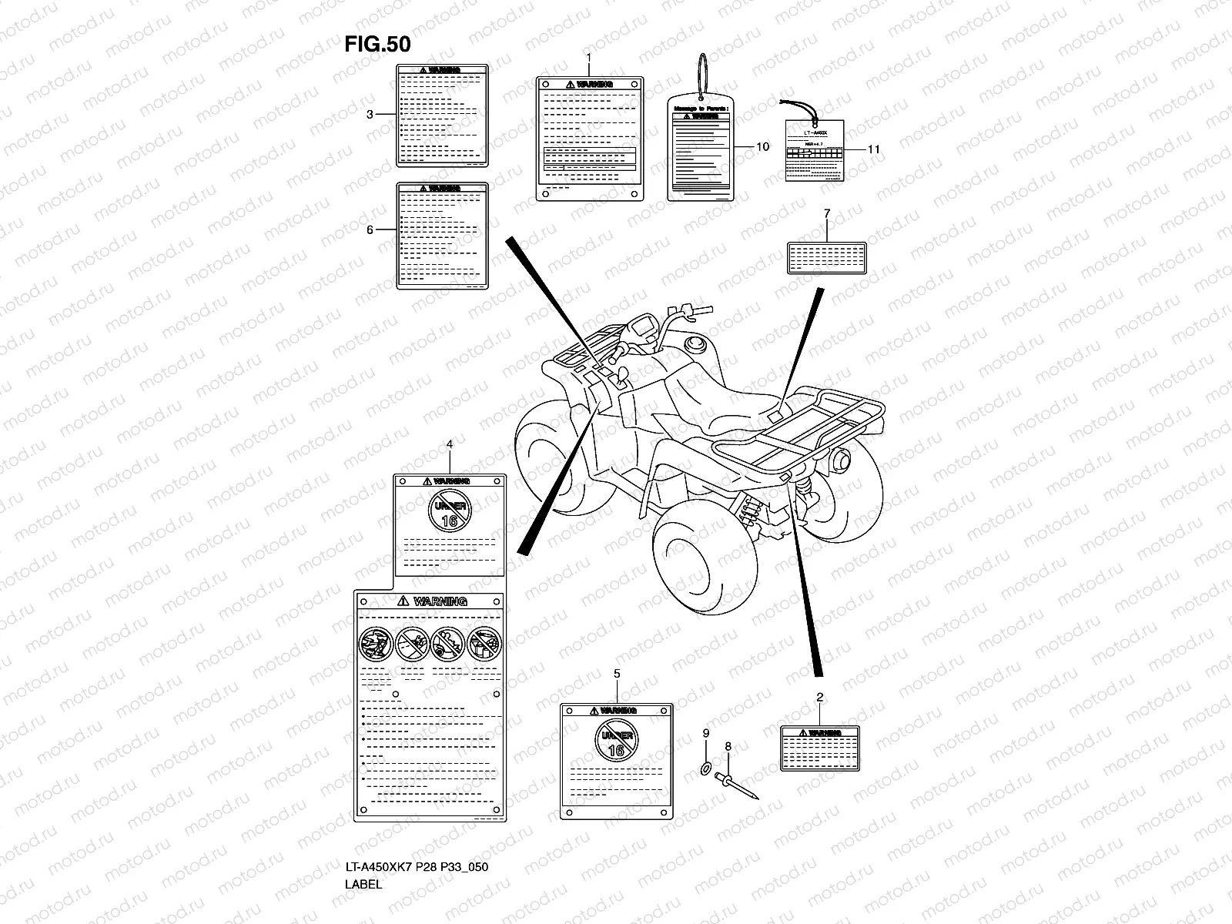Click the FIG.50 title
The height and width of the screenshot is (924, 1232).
(x=377, y=45)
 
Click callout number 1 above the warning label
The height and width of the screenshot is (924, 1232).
(x=589, y=58)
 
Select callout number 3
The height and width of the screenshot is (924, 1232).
(x=370, y=115)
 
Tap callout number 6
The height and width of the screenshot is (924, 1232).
(x=370, y=229)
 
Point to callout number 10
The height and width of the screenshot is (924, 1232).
(x=762, y=146)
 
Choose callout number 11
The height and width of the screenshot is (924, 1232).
(x=873, y=149)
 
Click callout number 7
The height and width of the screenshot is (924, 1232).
(x=826, y=213)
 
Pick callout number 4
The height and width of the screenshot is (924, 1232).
(x=450, y=444)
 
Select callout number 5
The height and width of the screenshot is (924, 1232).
(x=617, y=674)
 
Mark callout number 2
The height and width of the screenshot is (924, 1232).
(x=820, y=698)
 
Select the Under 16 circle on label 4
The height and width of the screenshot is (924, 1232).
(x=450, y=510)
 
